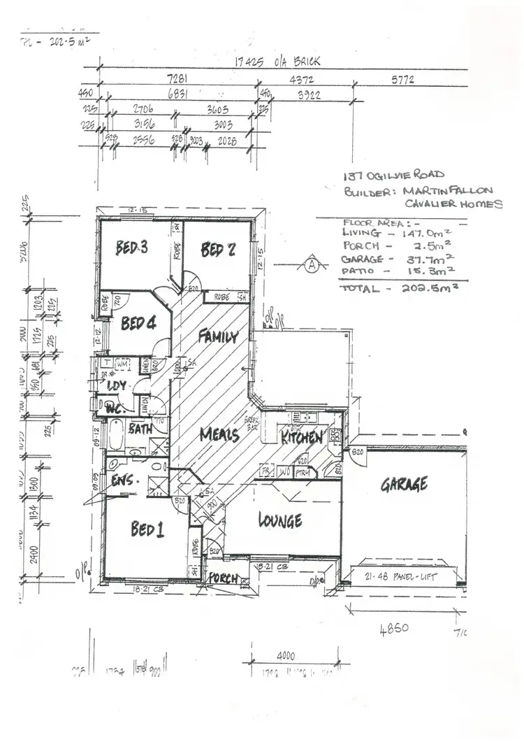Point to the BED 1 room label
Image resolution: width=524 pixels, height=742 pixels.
147,529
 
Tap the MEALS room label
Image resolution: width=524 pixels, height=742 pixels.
219,434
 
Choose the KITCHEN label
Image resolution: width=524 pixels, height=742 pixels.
301,438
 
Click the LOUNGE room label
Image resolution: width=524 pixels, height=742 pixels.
279,520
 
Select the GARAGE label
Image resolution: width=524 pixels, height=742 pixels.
404,484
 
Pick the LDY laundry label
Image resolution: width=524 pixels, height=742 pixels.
116,385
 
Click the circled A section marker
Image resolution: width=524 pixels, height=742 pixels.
312,265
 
